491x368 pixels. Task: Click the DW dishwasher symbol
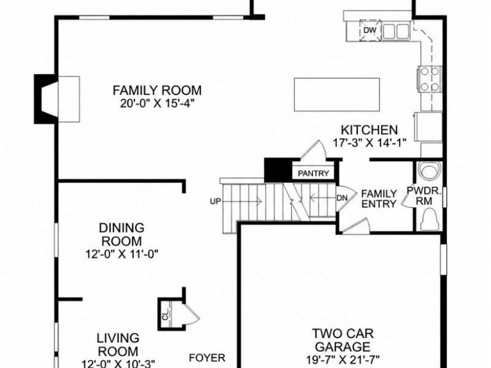(370, 30)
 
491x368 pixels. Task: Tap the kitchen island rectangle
(337, 94)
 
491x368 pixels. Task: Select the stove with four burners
(429, 79)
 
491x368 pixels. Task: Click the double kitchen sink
(395, 31)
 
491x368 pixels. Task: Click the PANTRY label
(314, 174)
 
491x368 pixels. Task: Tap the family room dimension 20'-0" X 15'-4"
(158, 103)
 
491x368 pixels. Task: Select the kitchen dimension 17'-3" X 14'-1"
(369, 143)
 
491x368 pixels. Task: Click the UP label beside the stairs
(215, 202)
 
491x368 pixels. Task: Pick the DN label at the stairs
(342, 198)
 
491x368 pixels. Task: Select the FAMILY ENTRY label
(379, 199)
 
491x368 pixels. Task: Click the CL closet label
(166, 315)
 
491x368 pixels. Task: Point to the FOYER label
(207, 358)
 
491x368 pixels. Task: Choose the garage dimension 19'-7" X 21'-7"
(343, 359)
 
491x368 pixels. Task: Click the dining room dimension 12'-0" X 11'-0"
(122, 254)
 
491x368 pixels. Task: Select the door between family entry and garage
(355, 226)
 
